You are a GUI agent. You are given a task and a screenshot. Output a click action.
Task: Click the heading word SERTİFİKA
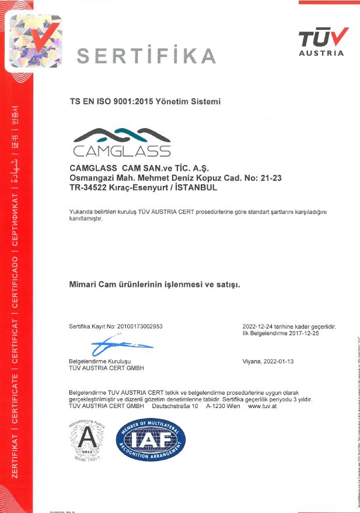click(x=146, y=56)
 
